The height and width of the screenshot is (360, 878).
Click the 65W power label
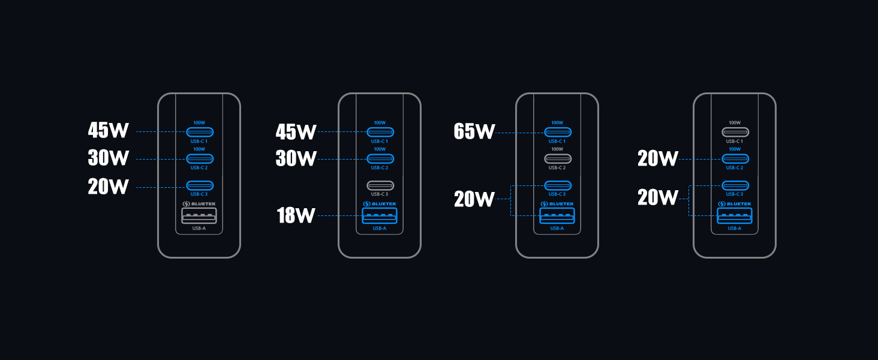(x=474, y=131)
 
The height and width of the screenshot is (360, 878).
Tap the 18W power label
(x=296, y=215)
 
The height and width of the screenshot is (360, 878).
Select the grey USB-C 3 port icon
(x=380, y=185)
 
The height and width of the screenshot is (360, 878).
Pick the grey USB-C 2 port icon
(x=558, y=159)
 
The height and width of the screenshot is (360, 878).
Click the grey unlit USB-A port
(x=200, y=216)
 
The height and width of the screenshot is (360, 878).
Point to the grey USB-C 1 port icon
(x=735, y=132)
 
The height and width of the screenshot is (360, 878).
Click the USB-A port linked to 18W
(x=380, y=216)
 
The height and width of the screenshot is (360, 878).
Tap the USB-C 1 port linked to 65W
(x=558, y=132)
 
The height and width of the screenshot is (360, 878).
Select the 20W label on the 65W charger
(x=474, y=199)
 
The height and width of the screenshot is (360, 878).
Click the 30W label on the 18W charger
(x=296, y=158)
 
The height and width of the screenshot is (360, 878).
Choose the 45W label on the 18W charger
(x=296, y=131)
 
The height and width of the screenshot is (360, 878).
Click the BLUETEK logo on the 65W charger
(x=557, y=204)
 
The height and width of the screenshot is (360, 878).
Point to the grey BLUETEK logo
(x=200, y=204)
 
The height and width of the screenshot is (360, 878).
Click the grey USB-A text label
(x=200, y=228)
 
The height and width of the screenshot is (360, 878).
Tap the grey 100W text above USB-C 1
(x=735, y=122)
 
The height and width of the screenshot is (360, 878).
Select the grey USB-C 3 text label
(x=380, y=194)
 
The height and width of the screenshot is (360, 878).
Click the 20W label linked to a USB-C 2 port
(x=658, y=158)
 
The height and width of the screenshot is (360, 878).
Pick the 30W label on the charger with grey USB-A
(x=109, y=158)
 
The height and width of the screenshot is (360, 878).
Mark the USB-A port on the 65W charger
(x=557, y=216)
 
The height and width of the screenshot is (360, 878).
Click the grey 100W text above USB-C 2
(x=557, y=149)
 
